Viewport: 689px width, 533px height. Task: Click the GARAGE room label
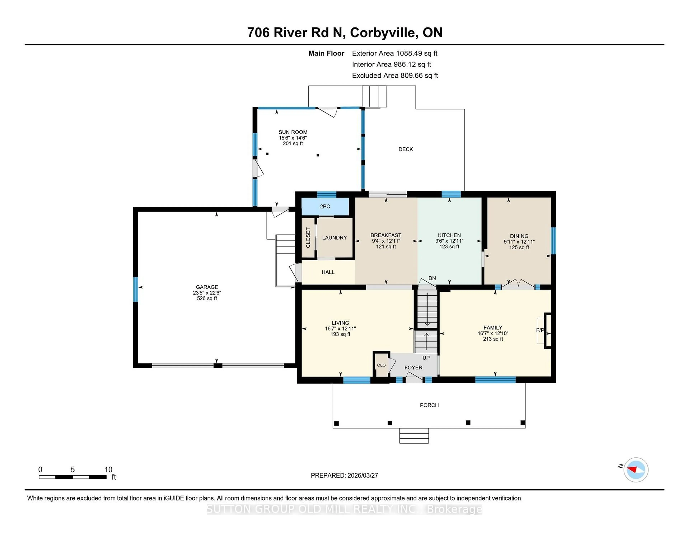(x=207, y=287)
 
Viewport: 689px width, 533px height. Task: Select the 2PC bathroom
(x=325, y=207)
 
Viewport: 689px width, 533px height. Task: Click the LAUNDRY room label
(x=334, y=237)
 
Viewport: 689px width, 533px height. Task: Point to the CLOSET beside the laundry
(x=308, y=237)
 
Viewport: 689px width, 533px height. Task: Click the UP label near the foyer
(x=426, y=358)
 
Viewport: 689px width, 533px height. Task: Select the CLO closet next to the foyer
(x=381, y=365)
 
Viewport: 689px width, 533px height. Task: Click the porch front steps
(x=414, y=436)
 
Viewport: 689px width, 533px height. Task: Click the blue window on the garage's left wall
(x=136, y=289)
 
